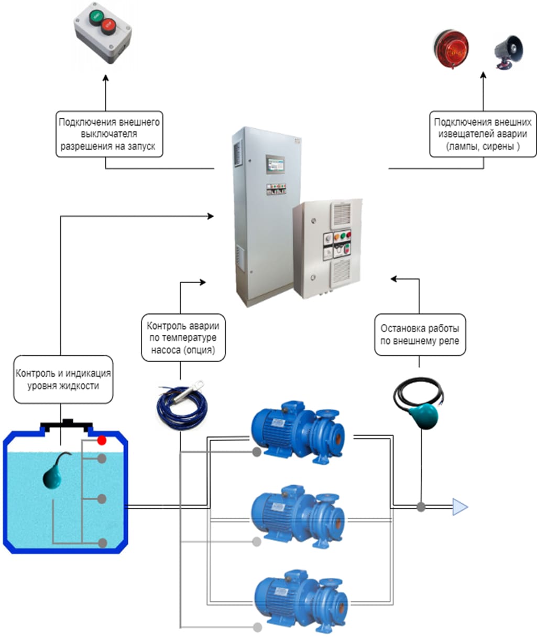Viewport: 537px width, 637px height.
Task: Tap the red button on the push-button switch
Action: (x=108, y=24)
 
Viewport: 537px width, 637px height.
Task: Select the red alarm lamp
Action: (x=450, y=48)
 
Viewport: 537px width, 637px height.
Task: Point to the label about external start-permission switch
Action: (x=109, y=134)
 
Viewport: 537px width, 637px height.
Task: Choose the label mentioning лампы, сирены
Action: (x=483, y=134)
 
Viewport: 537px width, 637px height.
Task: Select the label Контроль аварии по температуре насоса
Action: (x=183, y=338)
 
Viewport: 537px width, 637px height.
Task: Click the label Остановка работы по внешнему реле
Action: (x=419, y=334)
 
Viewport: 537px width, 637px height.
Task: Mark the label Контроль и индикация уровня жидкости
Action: (x=63, y=379)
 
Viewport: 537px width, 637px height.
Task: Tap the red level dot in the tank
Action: (x=102, y=441)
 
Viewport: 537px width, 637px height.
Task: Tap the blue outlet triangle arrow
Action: (x=459, y=507)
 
